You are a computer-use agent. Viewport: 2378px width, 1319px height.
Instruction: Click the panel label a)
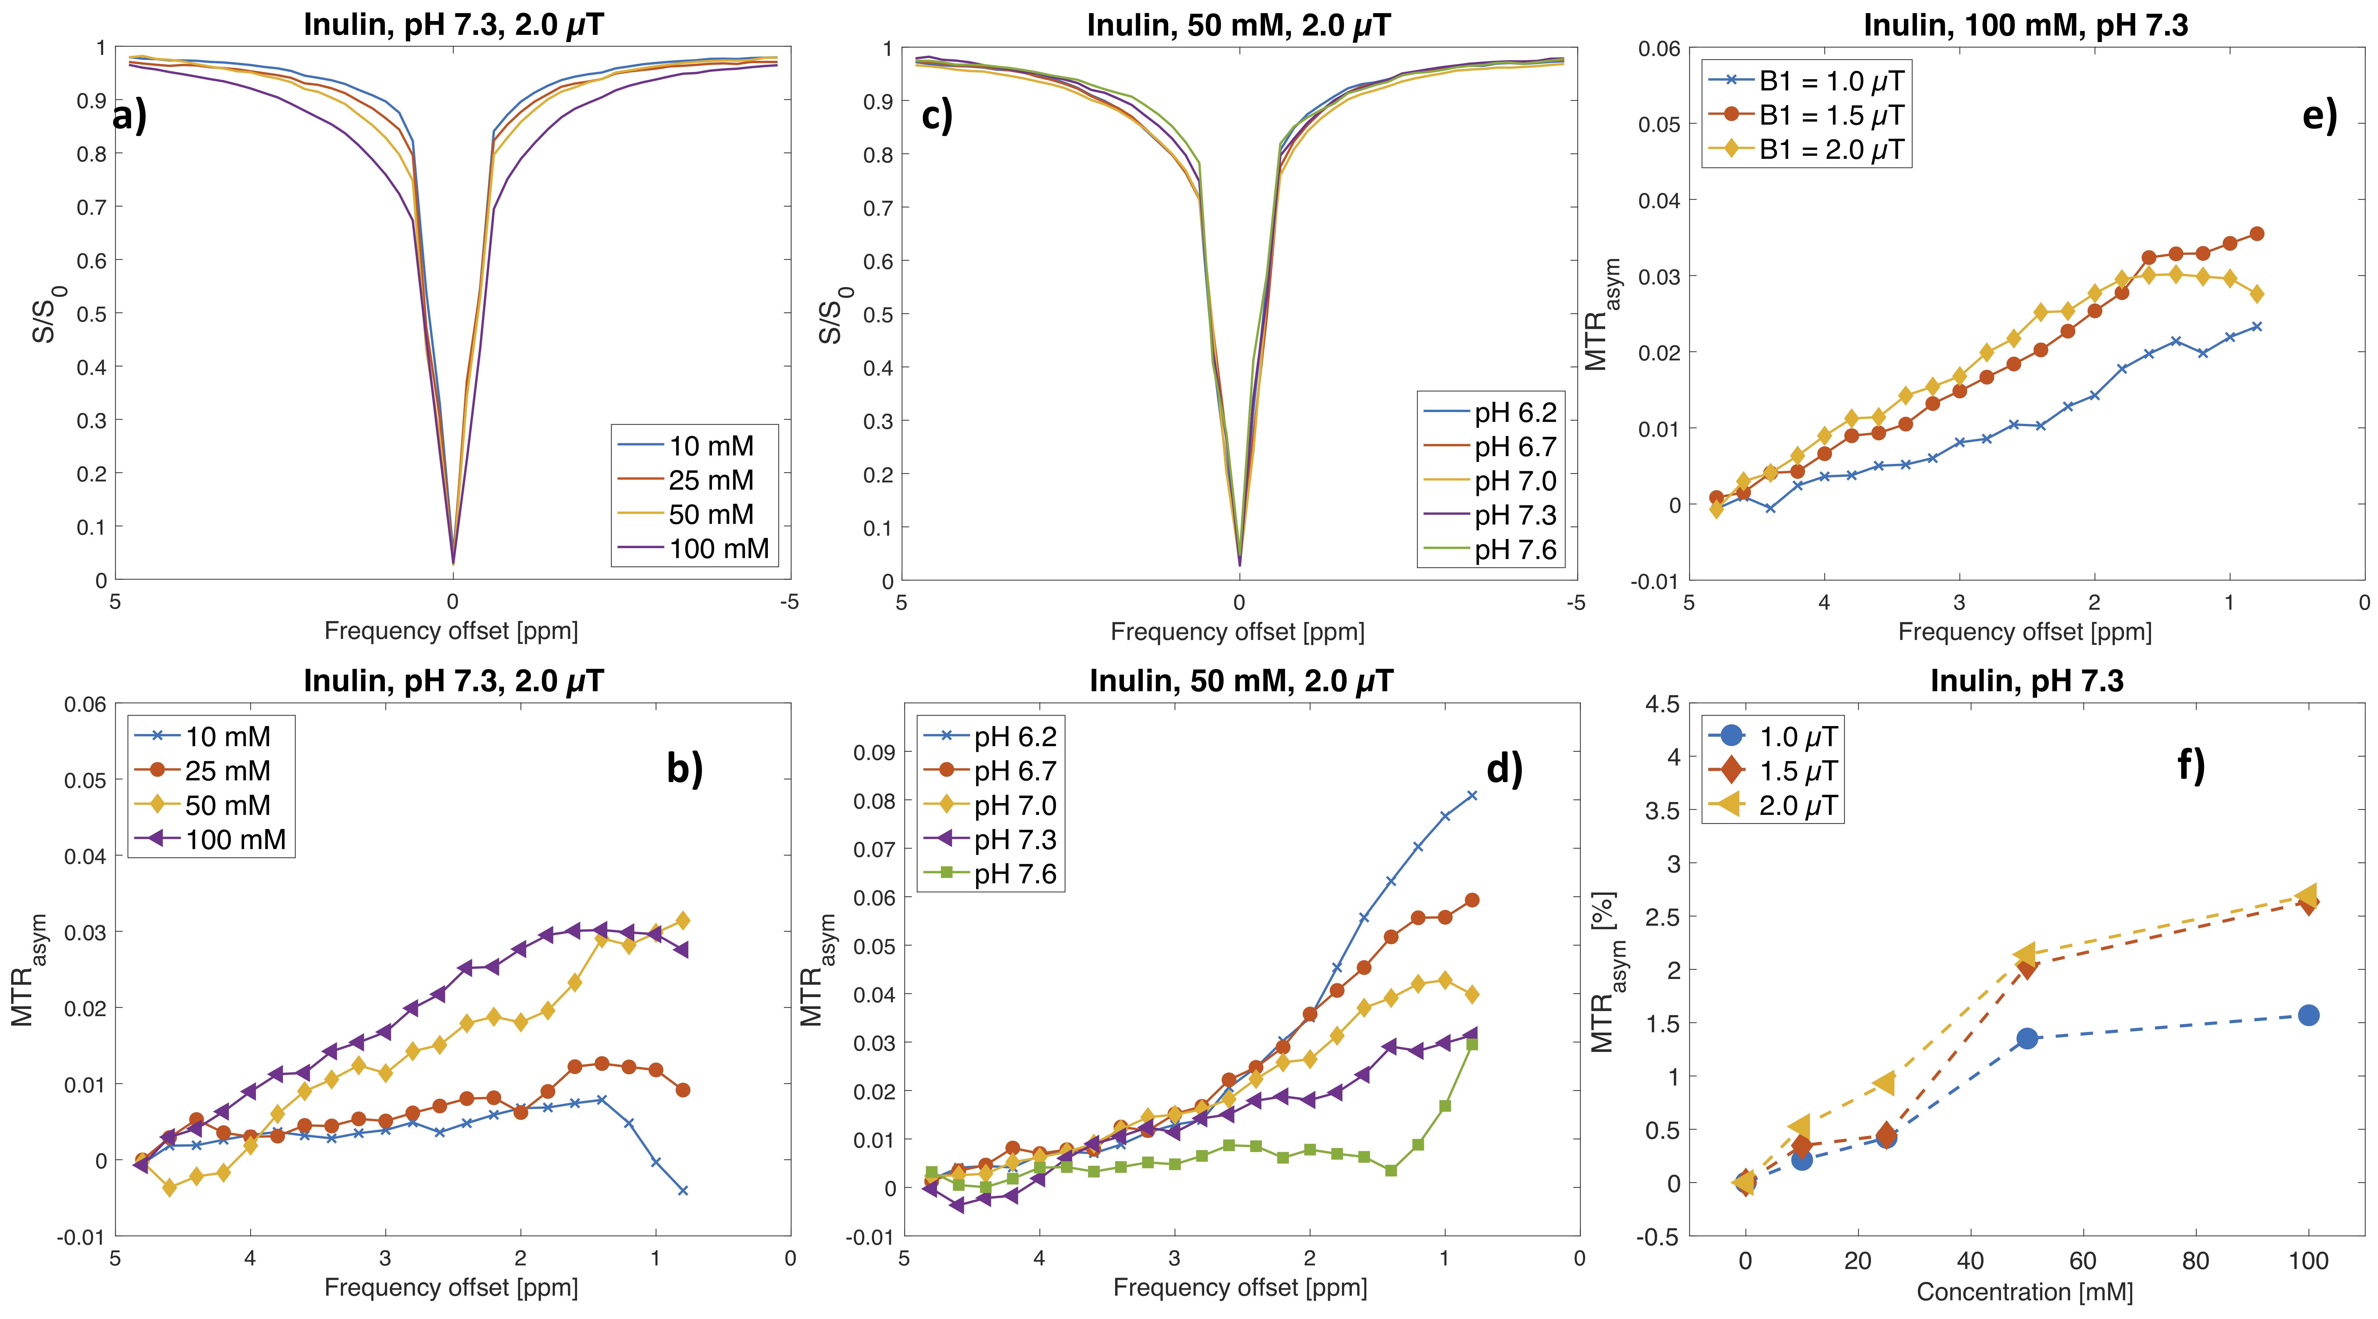pyautogui.click(x=129, y=117)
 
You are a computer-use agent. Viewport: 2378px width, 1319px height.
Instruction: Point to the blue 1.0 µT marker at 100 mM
pyautogui.click(x=2308, y=1015)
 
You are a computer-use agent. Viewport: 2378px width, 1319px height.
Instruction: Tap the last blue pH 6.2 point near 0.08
pyautogui.click(x=1472, y=795)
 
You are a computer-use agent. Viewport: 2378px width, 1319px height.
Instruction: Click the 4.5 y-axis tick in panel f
pyautogui.click(x=1662, y=704)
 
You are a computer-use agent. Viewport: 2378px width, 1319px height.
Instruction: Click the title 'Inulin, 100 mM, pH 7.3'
pyautogui.click(x=2025, y=25)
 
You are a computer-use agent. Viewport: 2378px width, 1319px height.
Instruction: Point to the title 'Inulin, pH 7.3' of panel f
pyautogui.click(x=2026, y=681)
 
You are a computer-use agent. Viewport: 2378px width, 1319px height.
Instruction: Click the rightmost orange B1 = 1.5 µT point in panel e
pyautogui.click(x=2257, y=233)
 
